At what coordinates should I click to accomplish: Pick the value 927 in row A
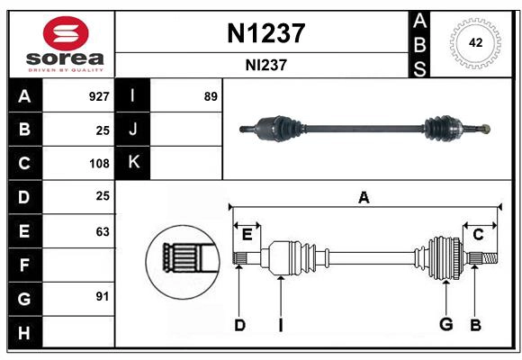(x=98, y=96)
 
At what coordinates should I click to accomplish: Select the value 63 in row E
(x=102, y=231)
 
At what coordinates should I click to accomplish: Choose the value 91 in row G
(x=102, y=296)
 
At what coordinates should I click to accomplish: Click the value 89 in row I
(x=211, y=96)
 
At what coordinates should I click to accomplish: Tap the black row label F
(x=24, y=265)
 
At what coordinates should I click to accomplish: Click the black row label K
(x=133, y=163)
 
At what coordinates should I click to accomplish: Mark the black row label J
(x=133, y=130)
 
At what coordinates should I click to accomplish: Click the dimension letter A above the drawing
(x=364, y=198)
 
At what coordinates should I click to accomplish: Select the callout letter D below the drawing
(x=239, y=325)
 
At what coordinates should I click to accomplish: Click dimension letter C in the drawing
(x=478, y=235)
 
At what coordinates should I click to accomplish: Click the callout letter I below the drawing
(x=281, y=325)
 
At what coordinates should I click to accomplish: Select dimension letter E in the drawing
(x=247, y=235)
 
